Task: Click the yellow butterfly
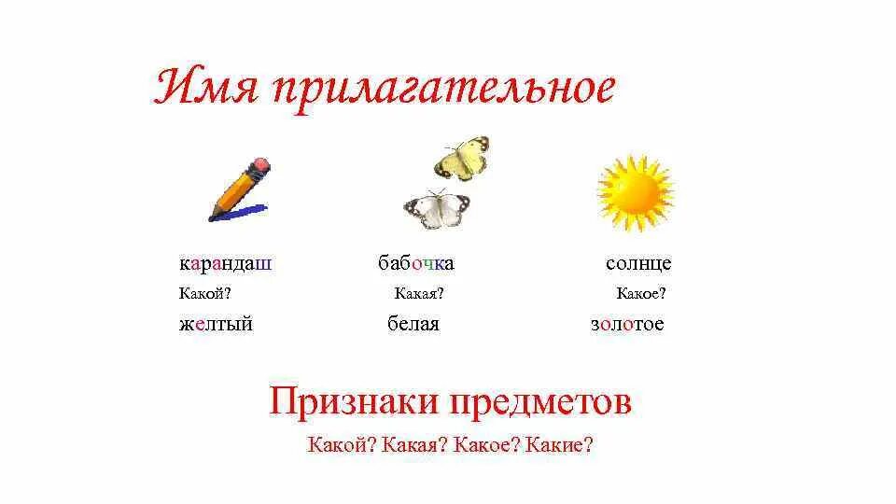click(x=462, y=158)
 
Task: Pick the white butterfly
click(x=436, y=210)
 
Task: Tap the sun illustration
click(x=635, y=193)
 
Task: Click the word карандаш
click(x=226, y=263)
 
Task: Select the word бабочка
click(x=416, y=263)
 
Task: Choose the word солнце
click(x=638, y=263)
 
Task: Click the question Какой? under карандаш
click(x=204, y=294)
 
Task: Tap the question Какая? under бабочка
click(x=419, y=294)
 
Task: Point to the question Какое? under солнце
click(x=641, y=294)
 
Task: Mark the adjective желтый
click(x=216, y=325)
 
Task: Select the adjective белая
click(x=413, y=325)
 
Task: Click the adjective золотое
click(x=627, y=325)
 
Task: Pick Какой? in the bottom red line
click(x=342, y=445)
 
